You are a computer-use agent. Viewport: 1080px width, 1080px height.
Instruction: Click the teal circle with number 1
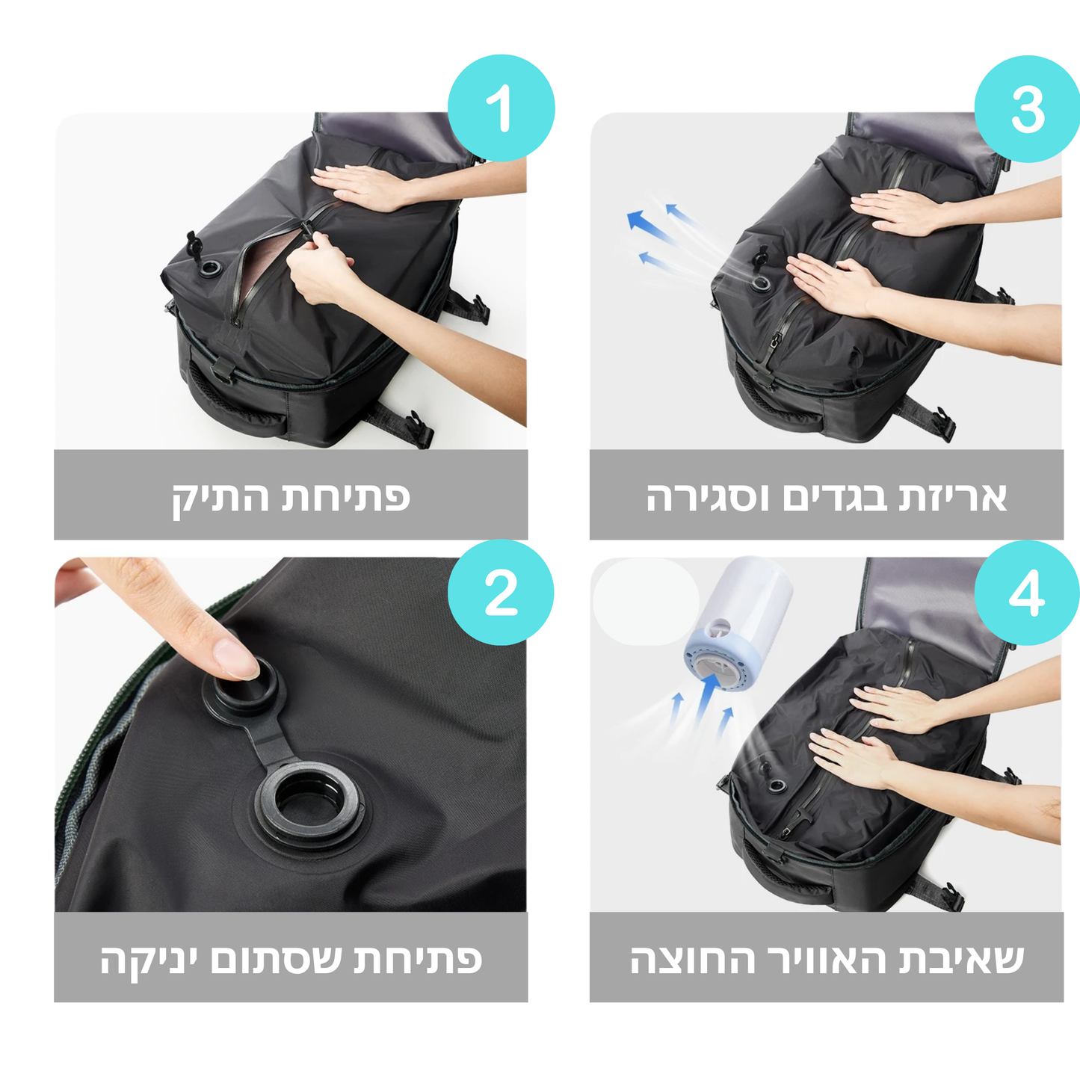pyautogui.click(x=501, y=108)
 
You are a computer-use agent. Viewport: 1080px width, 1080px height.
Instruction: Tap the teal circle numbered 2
pyautogui.click(x=501, y=593)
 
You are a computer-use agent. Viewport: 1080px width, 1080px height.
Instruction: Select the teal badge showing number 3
pyautogui.click(x=1028, y=108)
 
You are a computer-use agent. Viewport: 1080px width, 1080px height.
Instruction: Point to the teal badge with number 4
pyautogui.click(x=1028, y=593)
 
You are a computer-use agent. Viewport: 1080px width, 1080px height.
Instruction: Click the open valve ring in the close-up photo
pyautogui.click(x=309, y=803)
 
